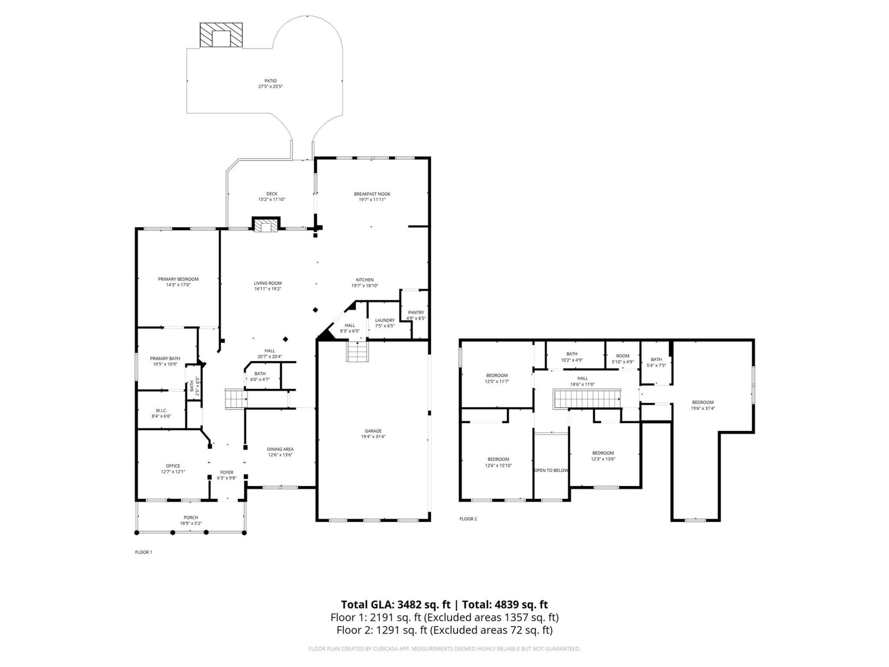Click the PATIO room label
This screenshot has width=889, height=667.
(x=270, y=81)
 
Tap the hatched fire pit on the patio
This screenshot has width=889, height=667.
(x=221, y=35)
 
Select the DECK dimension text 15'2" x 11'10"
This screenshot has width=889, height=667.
(x=272, y=200)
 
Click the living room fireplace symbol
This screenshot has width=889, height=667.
(x=266, y=226)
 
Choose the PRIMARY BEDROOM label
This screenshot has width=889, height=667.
(x=178, y=279)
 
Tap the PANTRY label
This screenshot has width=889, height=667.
(x=416, y=313)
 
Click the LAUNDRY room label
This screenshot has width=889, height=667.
(x=385, y=320)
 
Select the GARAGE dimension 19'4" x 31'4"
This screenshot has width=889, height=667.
(x=373, y=437)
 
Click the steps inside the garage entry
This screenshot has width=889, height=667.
(x=357, y=352)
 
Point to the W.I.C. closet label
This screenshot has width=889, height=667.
(x=161, y=410)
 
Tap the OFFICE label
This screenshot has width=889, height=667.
(x=173, y=466)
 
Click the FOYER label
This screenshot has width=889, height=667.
(x=227, y=472)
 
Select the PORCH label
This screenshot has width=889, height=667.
(x=191, y=518)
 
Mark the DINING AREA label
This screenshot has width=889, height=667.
(x=280, y=449)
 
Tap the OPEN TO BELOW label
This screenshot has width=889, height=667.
(x=551, y=471)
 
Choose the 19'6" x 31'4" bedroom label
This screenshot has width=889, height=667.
(x=702, y=409)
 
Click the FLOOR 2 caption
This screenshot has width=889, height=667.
(x=468, y=519)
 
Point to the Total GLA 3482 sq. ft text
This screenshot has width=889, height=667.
(x=396, y=604)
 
